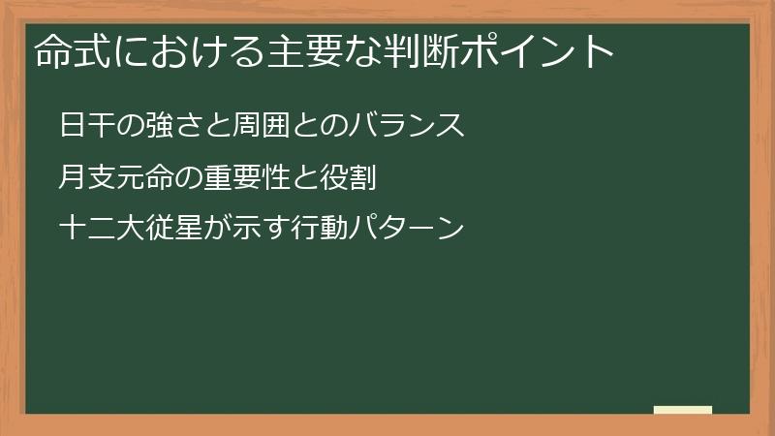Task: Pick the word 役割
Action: click(x=327, y=178)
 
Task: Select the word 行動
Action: click(x=298, y=230)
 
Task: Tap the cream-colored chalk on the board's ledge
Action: click(x=683, y=410)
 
